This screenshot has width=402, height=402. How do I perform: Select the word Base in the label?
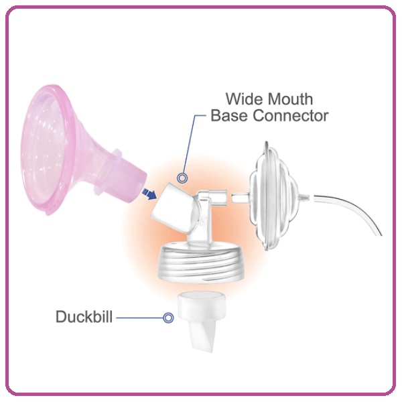[228, 115]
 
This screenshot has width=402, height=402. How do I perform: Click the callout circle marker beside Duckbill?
[167, 317]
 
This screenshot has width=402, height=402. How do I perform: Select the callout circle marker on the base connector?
[182, 178]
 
